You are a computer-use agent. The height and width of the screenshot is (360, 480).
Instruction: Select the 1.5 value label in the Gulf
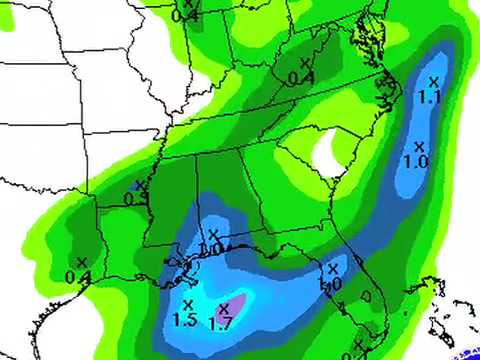(184, 321)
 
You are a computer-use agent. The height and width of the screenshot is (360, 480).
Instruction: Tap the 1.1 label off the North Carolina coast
(432, 98)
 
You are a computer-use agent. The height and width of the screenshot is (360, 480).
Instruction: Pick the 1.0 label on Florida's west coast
(333, 283)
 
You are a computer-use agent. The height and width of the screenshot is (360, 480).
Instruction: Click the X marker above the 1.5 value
(187, 304)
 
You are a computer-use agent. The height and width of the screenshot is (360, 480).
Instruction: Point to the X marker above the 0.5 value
(140, 184)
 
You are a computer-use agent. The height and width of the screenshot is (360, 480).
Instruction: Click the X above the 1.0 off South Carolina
(419, 146)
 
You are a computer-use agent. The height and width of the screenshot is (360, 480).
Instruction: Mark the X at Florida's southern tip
(357, 344)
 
